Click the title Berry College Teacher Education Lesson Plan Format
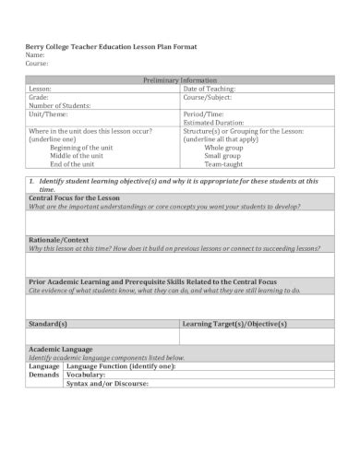coord(110,46)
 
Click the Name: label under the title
coord(36,55)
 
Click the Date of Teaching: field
coord(210,89)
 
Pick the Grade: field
coord(39,97)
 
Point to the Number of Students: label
coord(60,105)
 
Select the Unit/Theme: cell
coord(48,114)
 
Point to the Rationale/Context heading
coord(60,239)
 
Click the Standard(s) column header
coord(48,324)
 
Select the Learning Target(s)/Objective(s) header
coord(234,324)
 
